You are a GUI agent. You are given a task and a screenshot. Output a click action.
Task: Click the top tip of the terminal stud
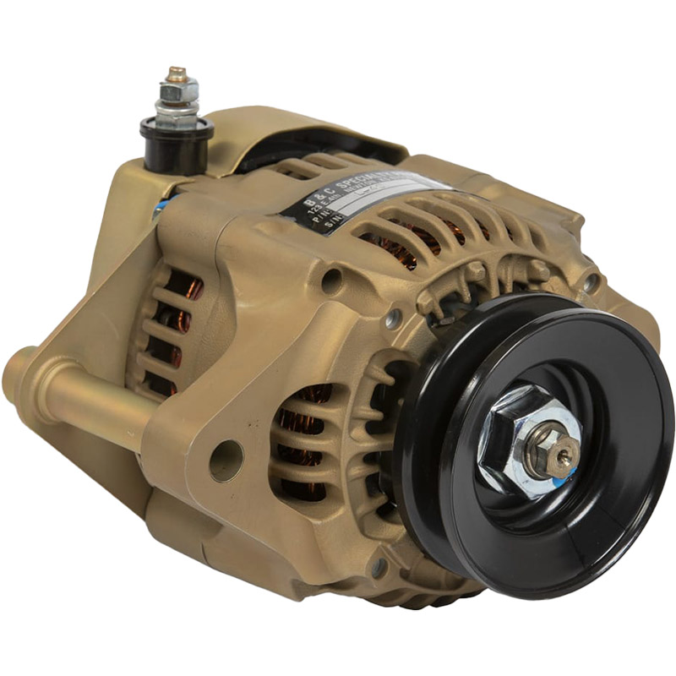[x=177, y=73]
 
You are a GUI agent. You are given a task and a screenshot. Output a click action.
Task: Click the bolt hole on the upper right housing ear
[x=591, y=282]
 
